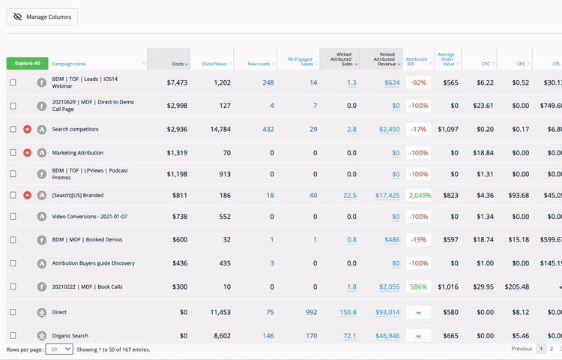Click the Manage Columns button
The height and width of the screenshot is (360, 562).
[x=42, y=16]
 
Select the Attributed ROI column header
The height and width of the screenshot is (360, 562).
[x=416, y=59]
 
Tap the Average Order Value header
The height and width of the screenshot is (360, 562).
[x=446, y=59]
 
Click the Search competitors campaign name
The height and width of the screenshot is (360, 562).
[x=75, y=130]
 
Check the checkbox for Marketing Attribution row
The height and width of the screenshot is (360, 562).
[x=13, y=153]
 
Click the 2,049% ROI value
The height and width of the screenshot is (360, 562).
[x=419, y=195]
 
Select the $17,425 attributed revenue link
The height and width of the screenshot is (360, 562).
[x=387, y=195]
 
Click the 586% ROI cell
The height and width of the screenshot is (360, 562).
[x=419, y=286]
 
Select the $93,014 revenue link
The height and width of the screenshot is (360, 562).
[x=387, y=312]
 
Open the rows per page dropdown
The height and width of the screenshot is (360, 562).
[x=59, y=349]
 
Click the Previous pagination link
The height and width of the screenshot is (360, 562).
[x=522, y=349]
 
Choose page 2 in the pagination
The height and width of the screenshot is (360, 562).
[x=552, y=349]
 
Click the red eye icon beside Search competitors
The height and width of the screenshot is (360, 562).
[x=28, y=130]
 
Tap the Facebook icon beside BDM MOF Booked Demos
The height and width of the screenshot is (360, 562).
[x=42, y=240]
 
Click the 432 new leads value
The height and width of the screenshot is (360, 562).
[x=268, y=130]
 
